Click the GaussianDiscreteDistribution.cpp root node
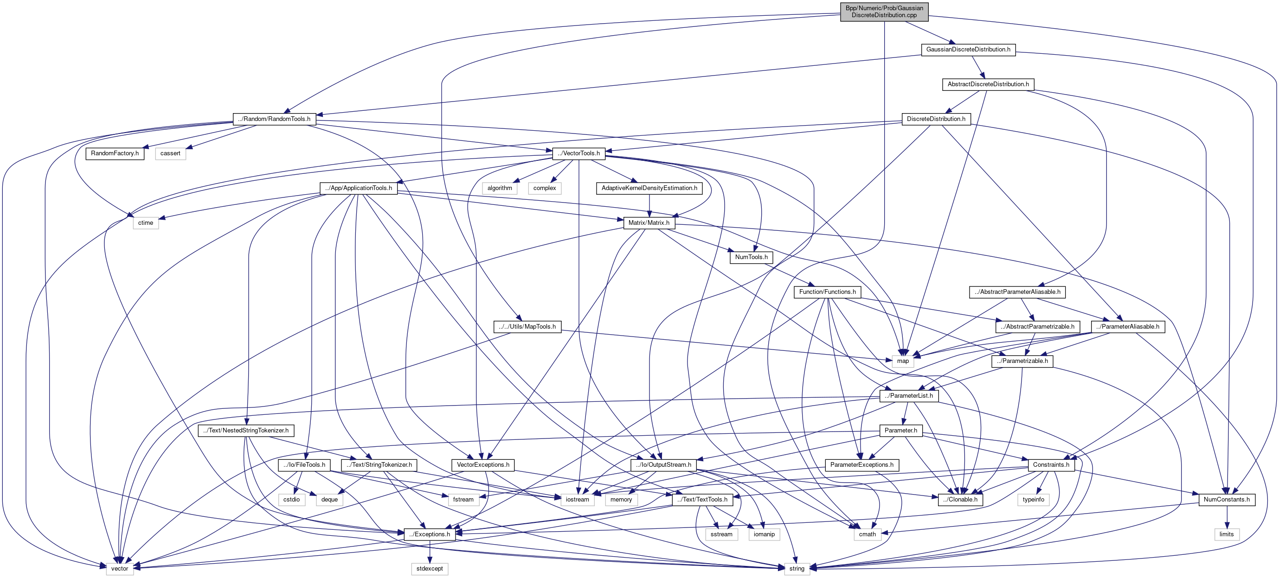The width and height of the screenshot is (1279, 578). [x=884, y=12]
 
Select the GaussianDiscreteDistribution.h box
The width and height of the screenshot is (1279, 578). [x=968, y=50]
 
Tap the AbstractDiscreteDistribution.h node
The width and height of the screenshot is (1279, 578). [x=988, y=84]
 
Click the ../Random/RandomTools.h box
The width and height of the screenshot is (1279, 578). [x=274, y=119]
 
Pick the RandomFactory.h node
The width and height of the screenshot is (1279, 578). [x=115, y=153]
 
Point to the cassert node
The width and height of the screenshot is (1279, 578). [x=170, y=153]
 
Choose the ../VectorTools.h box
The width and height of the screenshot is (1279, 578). [x=578, y=153]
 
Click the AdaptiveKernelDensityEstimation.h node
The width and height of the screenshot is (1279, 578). [x=649, y=188]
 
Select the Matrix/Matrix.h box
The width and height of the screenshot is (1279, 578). [x=649, y=223]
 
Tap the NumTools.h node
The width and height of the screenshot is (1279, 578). [x=751, y=257]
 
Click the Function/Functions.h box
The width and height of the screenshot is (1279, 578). [x=827, y=292]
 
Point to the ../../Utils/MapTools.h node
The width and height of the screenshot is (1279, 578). [x=527, y=326]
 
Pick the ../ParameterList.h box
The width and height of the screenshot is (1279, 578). [x=909, y=396]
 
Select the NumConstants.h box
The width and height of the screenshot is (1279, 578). [x=1227, y=500]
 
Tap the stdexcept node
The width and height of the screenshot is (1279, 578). [x=430, y=569]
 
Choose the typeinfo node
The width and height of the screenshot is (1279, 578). [x=1033, y=500]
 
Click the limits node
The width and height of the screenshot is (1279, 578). [x=1227, y=534]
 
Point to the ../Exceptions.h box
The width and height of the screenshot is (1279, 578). [x=430, y=534]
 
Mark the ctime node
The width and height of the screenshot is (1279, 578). [x=146, y=223]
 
